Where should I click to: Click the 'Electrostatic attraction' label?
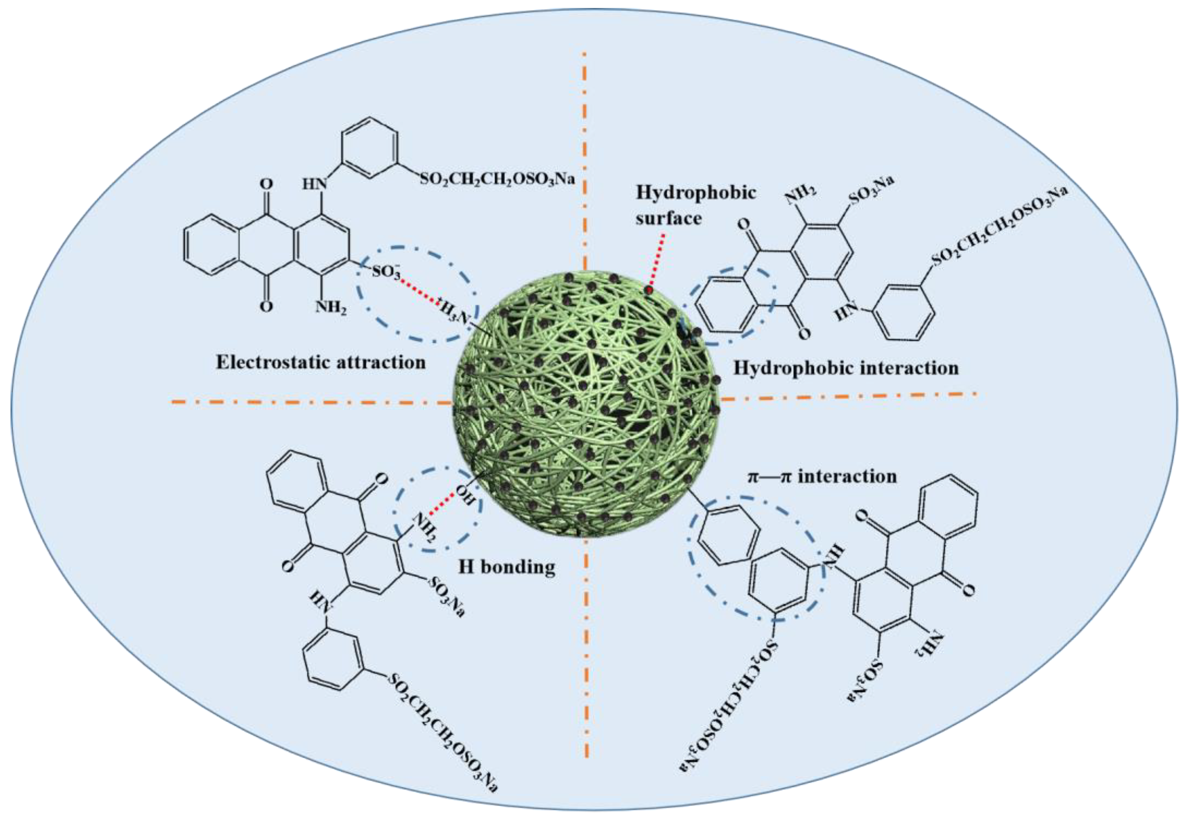(321, 363)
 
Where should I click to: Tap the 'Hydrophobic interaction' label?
(845, 368)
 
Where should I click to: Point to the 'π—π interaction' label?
(822, 476)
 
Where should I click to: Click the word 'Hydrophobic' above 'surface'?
(696, 193)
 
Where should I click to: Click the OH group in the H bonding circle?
(465, 495)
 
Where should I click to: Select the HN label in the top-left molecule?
(314, 183)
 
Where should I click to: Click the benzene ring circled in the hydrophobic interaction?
(728, 305)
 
